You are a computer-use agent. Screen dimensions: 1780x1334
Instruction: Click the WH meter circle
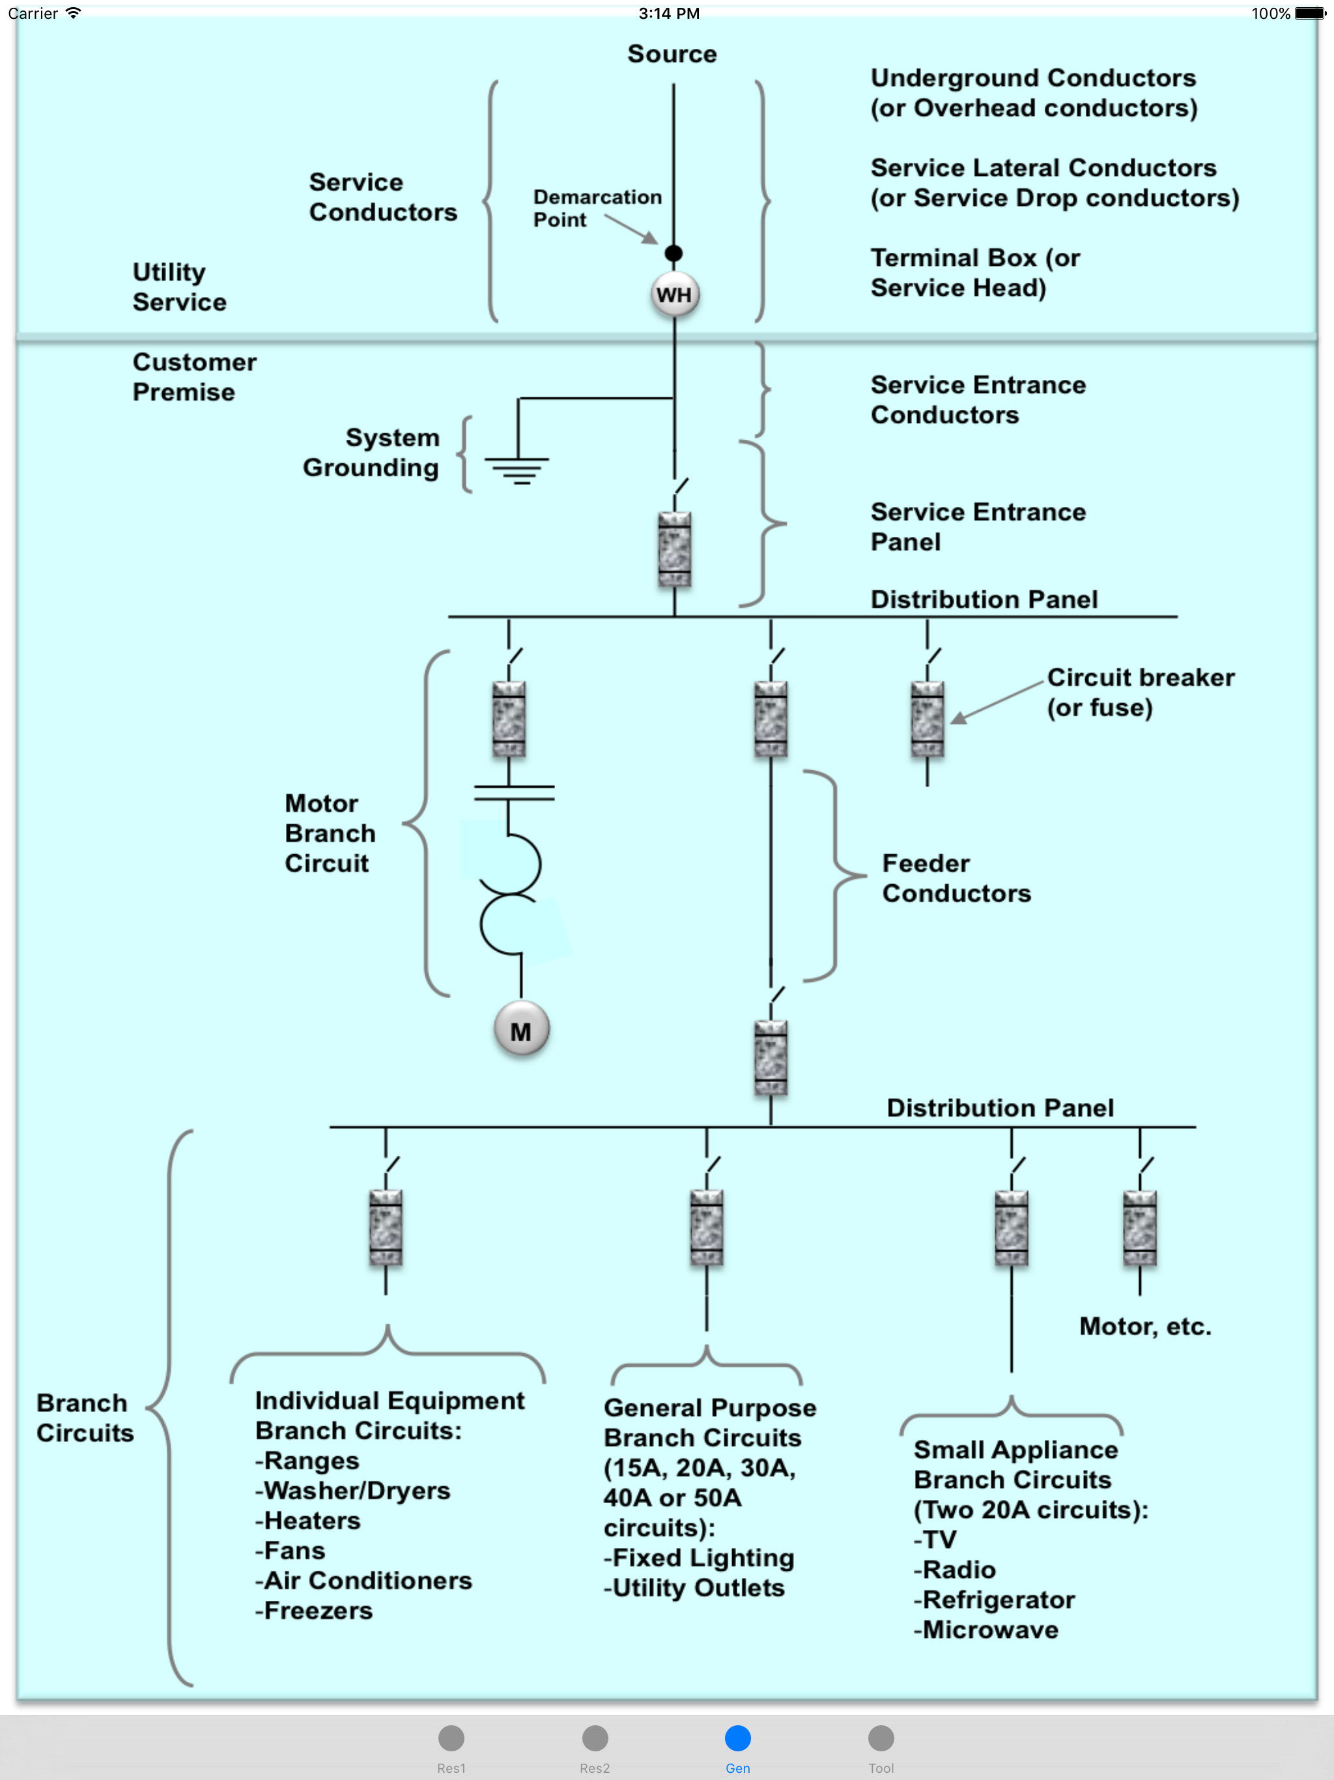point(674,294)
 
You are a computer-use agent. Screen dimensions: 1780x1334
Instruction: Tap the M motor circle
point(521,1030)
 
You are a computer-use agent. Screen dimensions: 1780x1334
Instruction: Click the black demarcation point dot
point(674,253)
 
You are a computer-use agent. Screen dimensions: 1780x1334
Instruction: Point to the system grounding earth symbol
point(517,469)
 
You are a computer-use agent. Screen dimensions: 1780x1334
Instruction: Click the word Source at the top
point(672,54)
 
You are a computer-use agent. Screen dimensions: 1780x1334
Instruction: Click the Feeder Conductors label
point(956,878)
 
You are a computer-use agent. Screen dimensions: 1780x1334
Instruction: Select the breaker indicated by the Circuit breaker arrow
point(927,719)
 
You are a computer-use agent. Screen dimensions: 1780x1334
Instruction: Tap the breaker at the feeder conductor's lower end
point(771,1057)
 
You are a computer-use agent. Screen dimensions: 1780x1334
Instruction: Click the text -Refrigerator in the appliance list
point(995,1600)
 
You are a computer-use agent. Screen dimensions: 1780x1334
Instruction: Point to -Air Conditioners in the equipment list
point(363,1581)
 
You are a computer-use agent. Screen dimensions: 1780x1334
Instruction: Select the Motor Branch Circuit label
point(330,833)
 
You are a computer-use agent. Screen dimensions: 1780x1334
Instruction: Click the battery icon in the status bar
point(1310,13)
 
